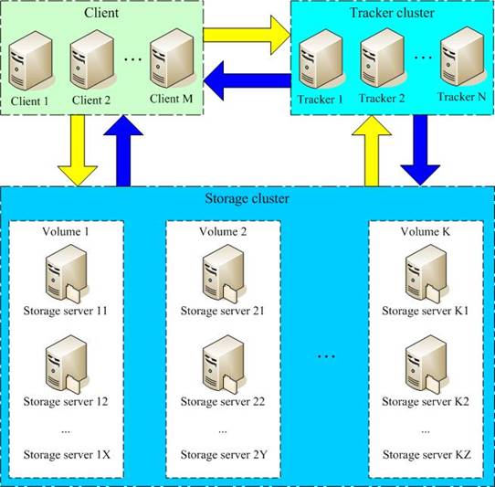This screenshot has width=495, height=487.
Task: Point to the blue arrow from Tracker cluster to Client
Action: (247, 85)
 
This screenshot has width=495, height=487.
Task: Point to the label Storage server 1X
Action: (65, 454)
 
